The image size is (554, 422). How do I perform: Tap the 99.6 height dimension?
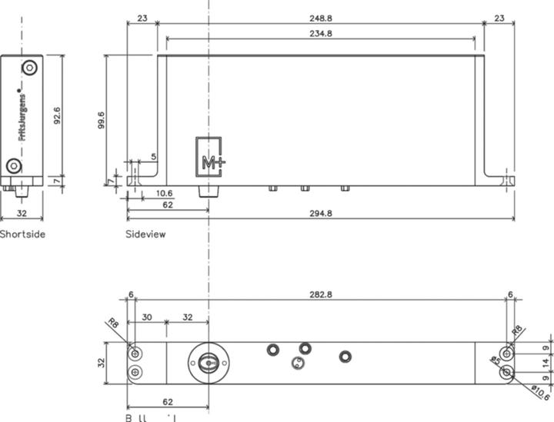[x=102, y=120]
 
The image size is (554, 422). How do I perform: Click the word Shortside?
[x=22, y=234]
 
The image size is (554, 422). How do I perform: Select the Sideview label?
[x=145, y=234]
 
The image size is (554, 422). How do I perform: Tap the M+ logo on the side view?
[x=209, y=159]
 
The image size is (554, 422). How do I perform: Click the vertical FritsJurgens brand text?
[x=22, y=113]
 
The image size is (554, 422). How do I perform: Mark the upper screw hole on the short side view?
[x=29, y=68]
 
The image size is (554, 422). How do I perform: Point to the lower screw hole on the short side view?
[x=14, y=166]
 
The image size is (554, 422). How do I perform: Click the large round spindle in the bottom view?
[x=207, y=360]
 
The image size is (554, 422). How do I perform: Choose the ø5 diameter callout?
[x=496, y=361]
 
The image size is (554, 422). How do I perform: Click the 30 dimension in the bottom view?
[x=146, y=316]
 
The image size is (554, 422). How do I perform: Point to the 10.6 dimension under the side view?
[x=163, y=193]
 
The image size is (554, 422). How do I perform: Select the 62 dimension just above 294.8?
[x=166, y=204]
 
